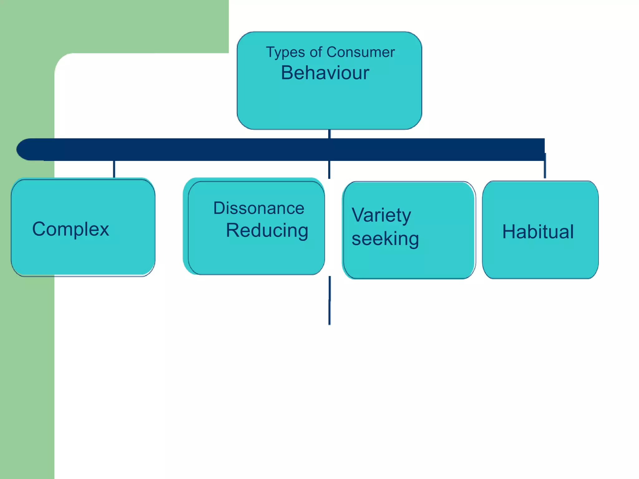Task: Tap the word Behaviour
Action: [325, 73]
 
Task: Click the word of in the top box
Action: [315, 52]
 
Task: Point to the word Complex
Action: [71, 230]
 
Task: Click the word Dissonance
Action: [259, 208]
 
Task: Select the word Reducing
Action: [267, 231]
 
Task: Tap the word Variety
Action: [381, 215]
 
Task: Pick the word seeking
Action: [385, 239]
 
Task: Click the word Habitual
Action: [538, 232]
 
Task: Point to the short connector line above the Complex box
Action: [114, 169]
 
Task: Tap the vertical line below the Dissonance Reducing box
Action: [329, 300]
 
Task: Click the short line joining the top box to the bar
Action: [329, 134]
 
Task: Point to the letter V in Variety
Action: [358, 215]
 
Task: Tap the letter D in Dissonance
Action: [220, 208]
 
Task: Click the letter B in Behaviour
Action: [287, 73]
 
